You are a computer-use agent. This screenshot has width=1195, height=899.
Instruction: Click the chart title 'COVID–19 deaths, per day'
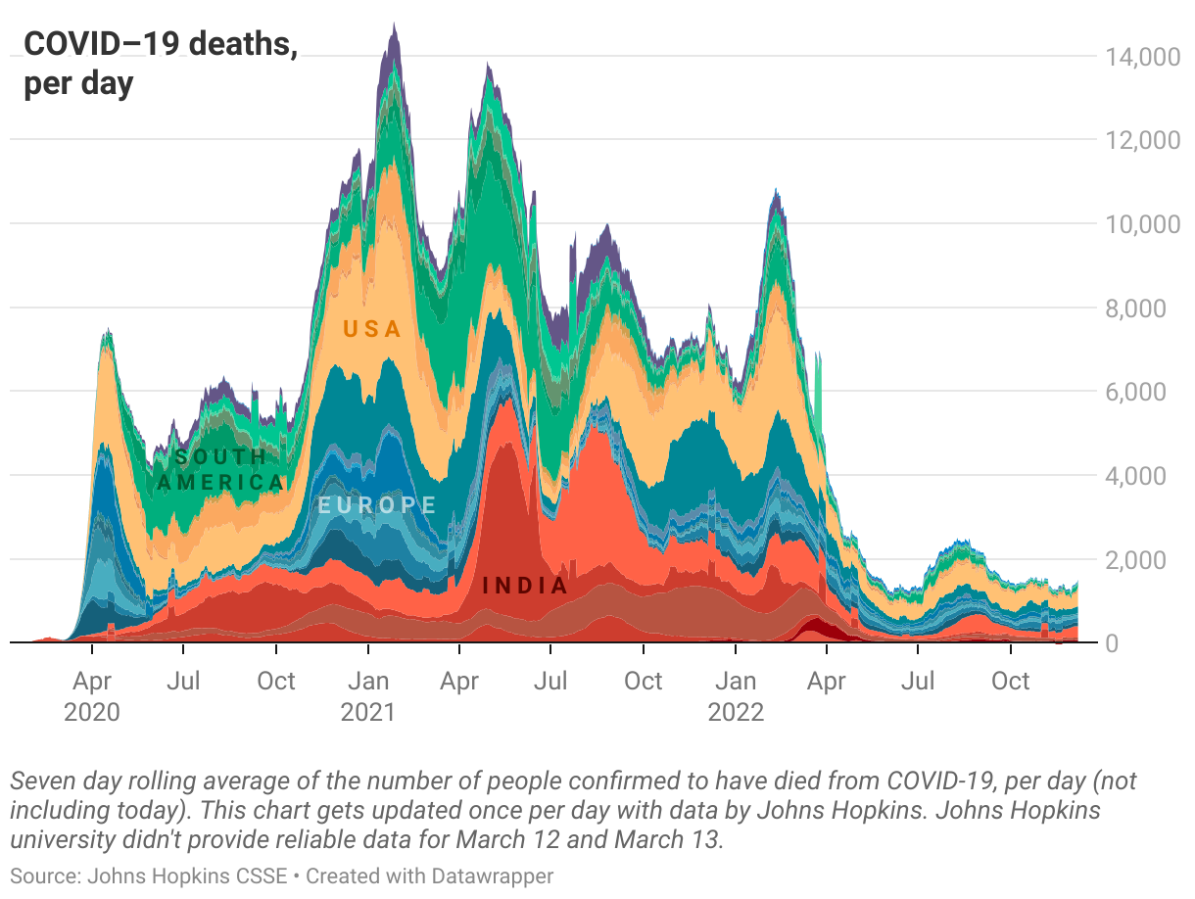161,64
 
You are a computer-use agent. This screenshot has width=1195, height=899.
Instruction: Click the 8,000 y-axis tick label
1146,308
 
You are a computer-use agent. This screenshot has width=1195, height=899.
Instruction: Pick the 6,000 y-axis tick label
1146,392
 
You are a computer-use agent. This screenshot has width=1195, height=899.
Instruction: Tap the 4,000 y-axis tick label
1146,476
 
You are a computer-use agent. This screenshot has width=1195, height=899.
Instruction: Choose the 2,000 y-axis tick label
1146,560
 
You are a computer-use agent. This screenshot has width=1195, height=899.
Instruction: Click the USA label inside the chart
372,329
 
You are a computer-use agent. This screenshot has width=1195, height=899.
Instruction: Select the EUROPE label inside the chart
377,505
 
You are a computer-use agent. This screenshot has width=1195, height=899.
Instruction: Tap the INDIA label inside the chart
525,586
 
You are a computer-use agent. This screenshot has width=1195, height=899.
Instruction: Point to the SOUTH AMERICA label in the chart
221,470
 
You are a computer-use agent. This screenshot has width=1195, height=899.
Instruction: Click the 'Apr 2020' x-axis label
92,695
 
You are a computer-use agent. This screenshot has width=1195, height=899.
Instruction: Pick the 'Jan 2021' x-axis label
368,695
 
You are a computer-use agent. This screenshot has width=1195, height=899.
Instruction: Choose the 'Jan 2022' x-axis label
736,695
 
